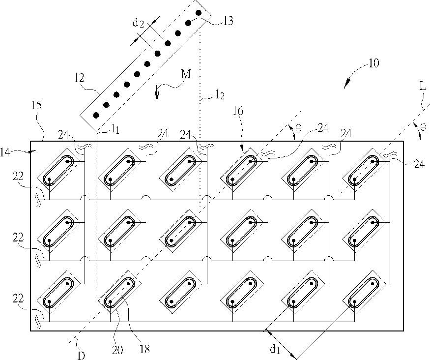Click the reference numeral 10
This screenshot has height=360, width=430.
click(373, 63)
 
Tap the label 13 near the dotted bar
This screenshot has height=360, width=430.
click(228, 21)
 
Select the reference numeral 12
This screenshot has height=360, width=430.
click(79, 79)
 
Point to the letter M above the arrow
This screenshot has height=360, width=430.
click(186, 74)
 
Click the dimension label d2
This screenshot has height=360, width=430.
click(138, 23)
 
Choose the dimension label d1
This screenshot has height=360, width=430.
click(275, 349)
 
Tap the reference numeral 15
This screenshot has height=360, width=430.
click(36, 105)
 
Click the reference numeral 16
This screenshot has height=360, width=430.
click(238, 111)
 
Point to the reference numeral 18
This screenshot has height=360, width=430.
click(144, 349)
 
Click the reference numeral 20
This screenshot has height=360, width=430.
click(117, 350)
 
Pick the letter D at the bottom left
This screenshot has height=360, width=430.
click(81, 356)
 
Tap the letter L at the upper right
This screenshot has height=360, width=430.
click(423, 87)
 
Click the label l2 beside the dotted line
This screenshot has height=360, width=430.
click(220, 95)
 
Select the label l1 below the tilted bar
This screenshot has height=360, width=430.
click(115, 129)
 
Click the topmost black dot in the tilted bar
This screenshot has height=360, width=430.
click(199, 13)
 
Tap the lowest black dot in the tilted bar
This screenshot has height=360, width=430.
click(96, 115)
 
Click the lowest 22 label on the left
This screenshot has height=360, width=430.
click(18, 299)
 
